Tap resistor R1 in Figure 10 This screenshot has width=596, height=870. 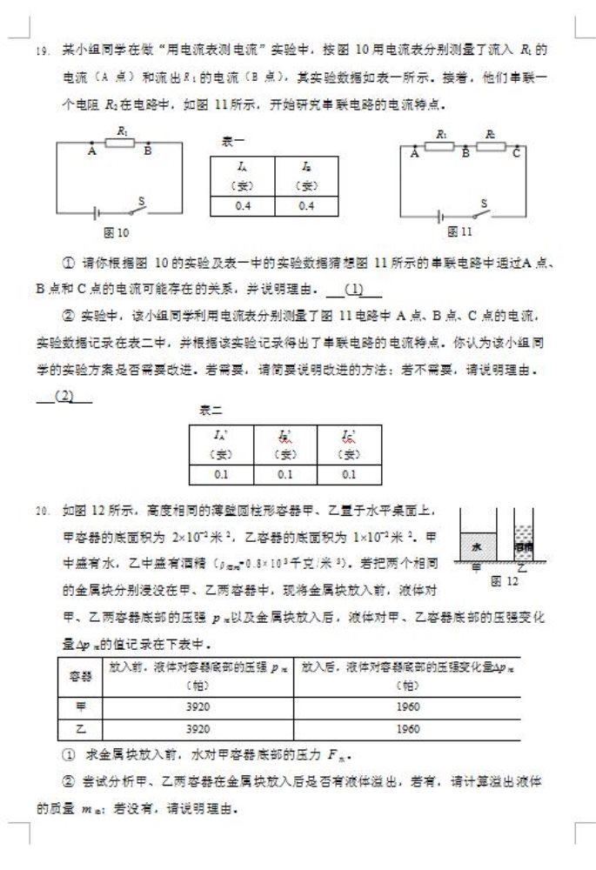[120, 142]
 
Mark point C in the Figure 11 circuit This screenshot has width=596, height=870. [516, 154]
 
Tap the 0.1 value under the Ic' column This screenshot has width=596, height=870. [349, 474]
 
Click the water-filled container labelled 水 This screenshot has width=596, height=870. [477, 547]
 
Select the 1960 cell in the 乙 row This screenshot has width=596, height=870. [408, 727]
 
